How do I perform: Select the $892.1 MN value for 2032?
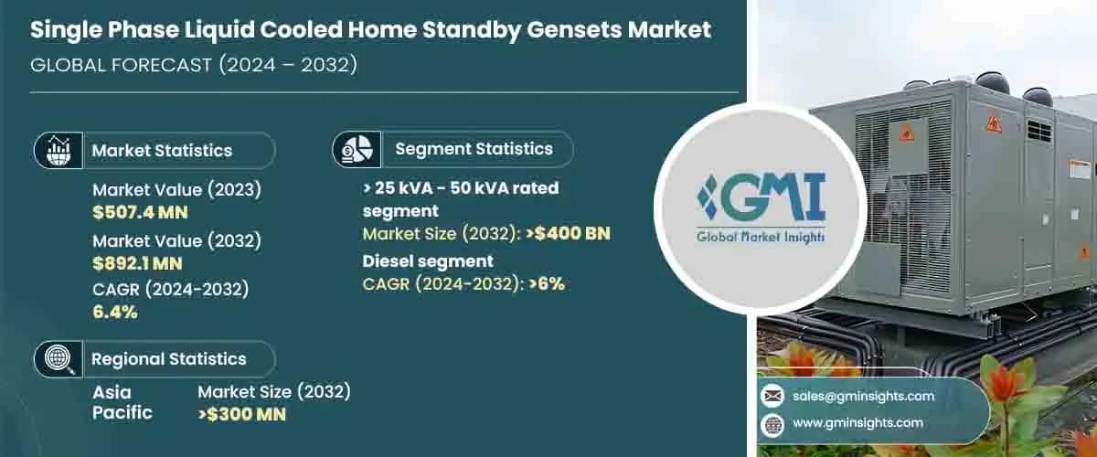tap(137, 264)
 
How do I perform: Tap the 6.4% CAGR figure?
tap(115, 313)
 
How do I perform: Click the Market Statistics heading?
tap(162, 151)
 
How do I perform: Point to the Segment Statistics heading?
tap(474, 148)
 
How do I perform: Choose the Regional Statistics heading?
tap(168, 359)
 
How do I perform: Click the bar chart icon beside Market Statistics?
tap(58, 151)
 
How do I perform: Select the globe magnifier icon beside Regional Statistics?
tap(58, 359)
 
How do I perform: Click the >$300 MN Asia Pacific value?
tap(242, 414)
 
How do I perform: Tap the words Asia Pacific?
tap(122, 402)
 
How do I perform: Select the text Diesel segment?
tap(428, 261)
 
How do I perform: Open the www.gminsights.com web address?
tap(857, 423)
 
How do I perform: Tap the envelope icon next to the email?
tap(772, 396)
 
